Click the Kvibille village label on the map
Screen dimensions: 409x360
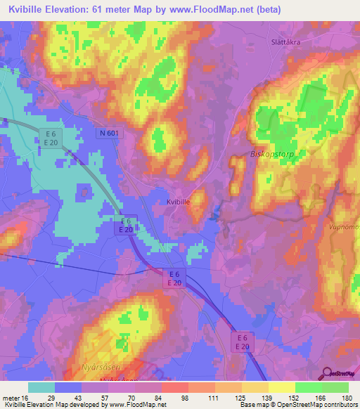click(x=180, y=202)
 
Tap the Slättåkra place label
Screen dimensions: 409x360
click(x=288, y=41)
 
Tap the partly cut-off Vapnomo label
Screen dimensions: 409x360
click(x=345, y=227)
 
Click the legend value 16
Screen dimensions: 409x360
click(x=25, y=397)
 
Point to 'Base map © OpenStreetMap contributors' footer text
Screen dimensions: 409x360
click(x=298, y=405)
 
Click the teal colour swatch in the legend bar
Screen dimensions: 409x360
click(x=41, y=387)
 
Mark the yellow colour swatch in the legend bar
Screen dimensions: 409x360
click(x=281, y=387)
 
